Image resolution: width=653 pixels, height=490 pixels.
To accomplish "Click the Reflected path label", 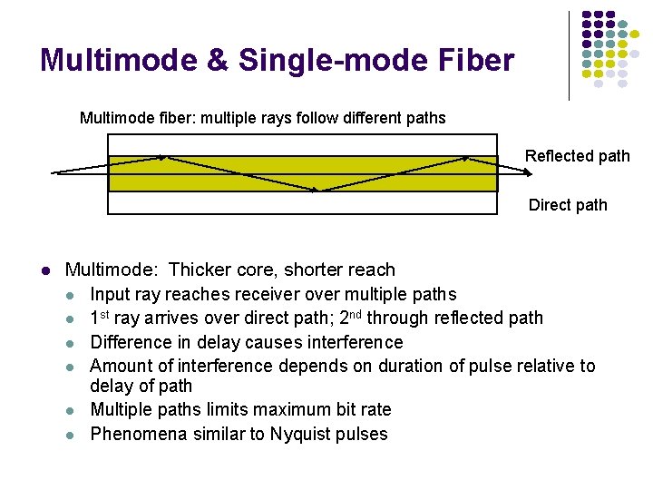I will [x=577, y=156].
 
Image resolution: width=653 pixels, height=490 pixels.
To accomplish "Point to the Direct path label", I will [x=568, y=205].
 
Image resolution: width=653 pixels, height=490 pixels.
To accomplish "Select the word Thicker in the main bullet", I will [x=199, y=269].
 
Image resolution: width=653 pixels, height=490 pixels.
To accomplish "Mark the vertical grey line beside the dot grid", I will [x=570, y=54].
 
